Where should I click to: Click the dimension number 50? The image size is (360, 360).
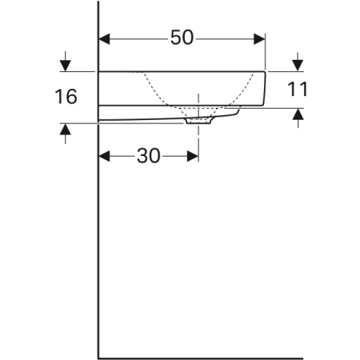pos(182,38)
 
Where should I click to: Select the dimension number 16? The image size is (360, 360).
pos(66,96)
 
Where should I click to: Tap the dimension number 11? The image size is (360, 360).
pos(298,89)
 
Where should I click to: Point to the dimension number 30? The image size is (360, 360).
pos(149,156)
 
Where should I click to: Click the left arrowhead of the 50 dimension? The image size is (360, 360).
pos(104,39)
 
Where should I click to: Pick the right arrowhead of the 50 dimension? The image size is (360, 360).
pos(259,39)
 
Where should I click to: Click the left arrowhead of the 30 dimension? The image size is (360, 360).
pos(104,156)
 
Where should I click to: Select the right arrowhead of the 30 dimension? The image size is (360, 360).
pos(193,156)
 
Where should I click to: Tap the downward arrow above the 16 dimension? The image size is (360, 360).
pos(66,62)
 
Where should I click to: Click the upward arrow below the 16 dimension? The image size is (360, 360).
pos(66,134)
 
